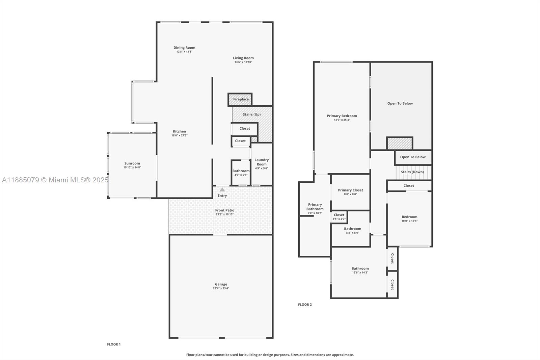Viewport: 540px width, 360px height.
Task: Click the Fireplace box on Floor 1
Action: pyautogui.click(x=240, y=99)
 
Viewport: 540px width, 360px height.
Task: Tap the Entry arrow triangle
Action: pyautogui.click(x=222, y=190)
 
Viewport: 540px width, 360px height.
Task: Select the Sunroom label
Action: pyautogui.click(x=132, y=163)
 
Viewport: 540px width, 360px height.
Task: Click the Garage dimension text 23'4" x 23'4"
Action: pyautogui.click(x=221, y=288)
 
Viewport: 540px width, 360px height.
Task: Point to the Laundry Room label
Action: pyautogui.click(x=262, y=162)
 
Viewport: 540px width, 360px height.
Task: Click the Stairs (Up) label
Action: pyautogui.click(x=252, y=114)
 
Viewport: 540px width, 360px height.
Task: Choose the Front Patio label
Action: pyautogui.click(x=225, y=210)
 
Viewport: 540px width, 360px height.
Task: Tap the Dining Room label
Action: pyautogui.click(x=184, y=48)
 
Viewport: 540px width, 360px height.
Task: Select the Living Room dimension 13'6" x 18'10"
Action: pyautogui.click(x=243, y=62)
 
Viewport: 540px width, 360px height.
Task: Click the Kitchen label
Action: pyautogui.click(x=180, y=131)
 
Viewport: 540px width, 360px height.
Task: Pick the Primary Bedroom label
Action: pyautogui.click(x=342, y=116)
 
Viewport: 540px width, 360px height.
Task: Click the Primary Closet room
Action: pyautogui.click(x=350, y=192)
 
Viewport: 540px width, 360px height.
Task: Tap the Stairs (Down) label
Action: pyautogui.click(x=412, y=172)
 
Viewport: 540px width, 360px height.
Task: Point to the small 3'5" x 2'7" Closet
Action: pyautogui.click(x=339, y=216)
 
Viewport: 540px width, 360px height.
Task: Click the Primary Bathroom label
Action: pyautogui.click(x=315, y=207)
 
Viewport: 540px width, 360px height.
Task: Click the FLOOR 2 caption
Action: pyautogui.click(x=305, y=305)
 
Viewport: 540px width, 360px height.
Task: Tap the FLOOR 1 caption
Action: pyautogui.click(x=114, y=344)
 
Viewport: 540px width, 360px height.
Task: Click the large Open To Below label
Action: pyautogui.click(x=400, y=103)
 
